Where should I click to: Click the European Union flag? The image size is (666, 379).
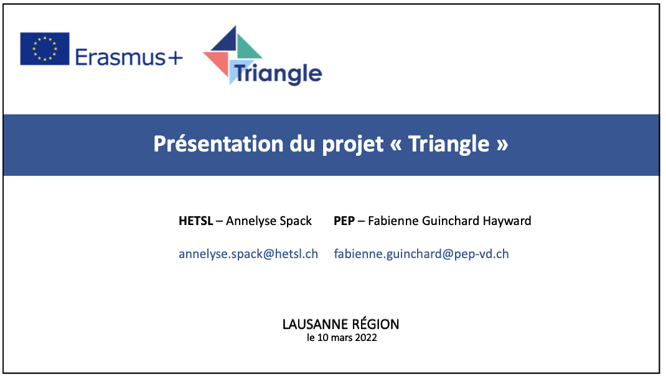(x=45, y=49)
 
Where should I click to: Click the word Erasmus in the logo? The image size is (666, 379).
(x=120, y=57)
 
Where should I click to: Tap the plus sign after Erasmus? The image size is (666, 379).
(x=175, y=58)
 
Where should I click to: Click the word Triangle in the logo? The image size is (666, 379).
(x=278, y=74)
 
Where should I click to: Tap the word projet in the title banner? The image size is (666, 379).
(x=353, y=145)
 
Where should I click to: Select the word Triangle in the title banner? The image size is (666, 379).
(x=449, y=145)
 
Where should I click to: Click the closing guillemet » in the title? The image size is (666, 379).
(x=502, y=145)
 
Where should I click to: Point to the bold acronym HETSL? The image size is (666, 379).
(x=196, y=221)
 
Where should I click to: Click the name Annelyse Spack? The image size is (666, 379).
(x=269, y=221)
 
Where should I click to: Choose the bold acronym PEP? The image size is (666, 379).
(x=344, y=221)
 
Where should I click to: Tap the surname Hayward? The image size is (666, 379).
(x=507, y=221)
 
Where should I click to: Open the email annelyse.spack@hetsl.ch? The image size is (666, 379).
(x=248, y=254)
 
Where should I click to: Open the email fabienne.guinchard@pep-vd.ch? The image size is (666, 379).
(x=421, y=254)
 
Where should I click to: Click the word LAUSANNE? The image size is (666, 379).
(x=312, y=325)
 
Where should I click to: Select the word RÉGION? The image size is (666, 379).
(x=372, y=324)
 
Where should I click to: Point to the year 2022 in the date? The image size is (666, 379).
(x=366, y=338)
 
